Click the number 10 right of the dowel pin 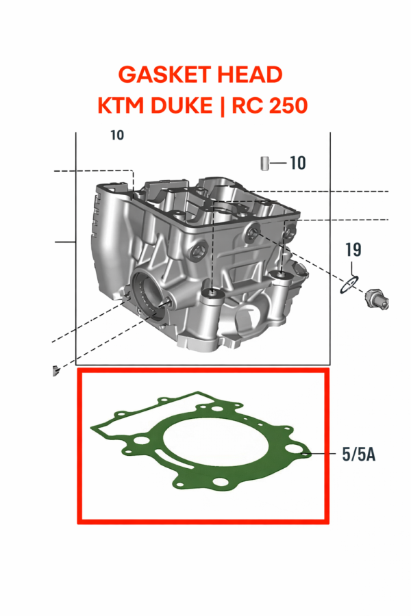coord(297,164)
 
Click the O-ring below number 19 coord(349,283)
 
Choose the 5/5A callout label coord(358,454)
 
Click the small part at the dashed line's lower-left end coord(52,370)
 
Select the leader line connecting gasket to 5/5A coord(321,453)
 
